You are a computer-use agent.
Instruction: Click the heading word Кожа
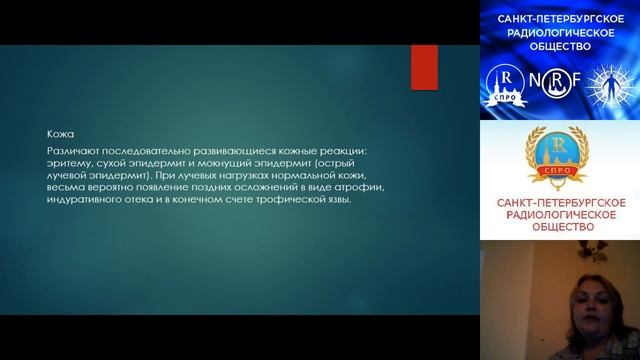(x=58, y=131)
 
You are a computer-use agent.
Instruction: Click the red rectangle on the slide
(x=424, y=68)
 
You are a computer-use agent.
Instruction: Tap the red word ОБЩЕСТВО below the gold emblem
(x=559, y=227)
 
